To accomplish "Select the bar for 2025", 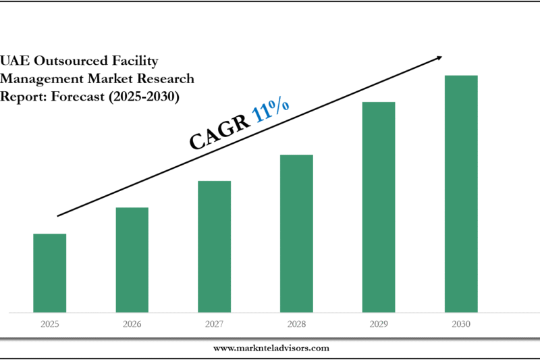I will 50,273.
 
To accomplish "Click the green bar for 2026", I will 132,260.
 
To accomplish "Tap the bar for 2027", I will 215,247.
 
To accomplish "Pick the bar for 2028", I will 297,234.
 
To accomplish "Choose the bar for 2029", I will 379,207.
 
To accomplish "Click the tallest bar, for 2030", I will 461,194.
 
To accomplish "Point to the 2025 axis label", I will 50,324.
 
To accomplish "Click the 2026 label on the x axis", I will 132,324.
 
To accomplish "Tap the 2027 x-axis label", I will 215,324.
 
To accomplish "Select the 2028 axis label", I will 297,324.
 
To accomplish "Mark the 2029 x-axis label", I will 379,324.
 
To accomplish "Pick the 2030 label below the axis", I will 461,324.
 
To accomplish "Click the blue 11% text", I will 271,112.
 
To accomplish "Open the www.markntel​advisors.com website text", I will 271,348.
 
